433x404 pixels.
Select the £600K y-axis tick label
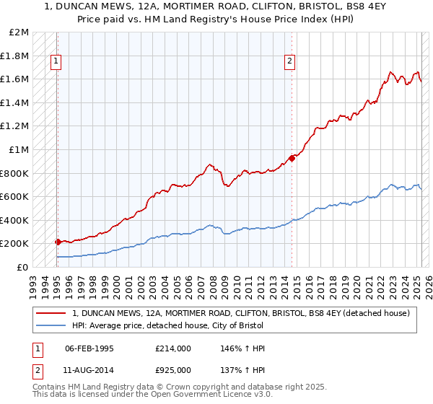(17, 197)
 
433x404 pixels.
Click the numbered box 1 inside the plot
(56, 62)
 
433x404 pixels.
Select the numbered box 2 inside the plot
(289, 62)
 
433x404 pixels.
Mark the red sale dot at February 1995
(58, 242)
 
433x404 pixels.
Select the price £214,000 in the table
(170, 348)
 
